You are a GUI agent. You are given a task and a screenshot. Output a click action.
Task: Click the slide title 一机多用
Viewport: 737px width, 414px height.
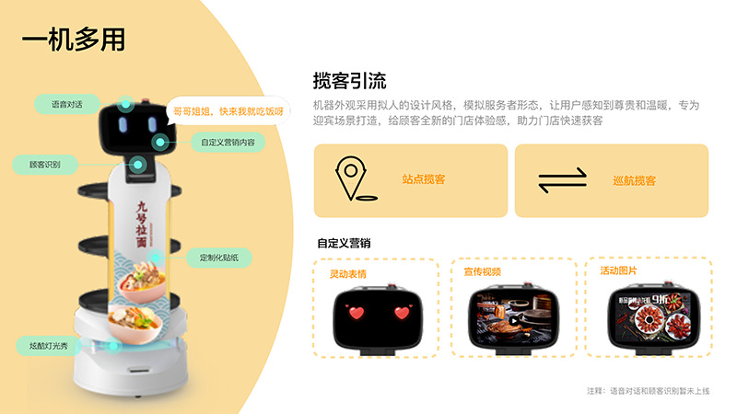(x=74, y=40)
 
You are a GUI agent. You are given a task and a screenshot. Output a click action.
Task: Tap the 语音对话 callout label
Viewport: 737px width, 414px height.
(x=66, y=104)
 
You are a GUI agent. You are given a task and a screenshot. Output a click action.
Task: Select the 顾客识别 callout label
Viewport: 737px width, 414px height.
(x=45, y=165)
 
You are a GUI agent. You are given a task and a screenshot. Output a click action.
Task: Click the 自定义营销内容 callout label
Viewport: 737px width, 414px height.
(x=228, y=143)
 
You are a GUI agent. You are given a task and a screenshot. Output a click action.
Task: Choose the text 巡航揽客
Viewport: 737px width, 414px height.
(x=634, y=181)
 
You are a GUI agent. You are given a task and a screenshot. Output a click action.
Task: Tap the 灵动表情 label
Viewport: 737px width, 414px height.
(x=347, y=273)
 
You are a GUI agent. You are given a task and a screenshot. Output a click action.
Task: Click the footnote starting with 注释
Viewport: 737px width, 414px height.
(x=648, y=391)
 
